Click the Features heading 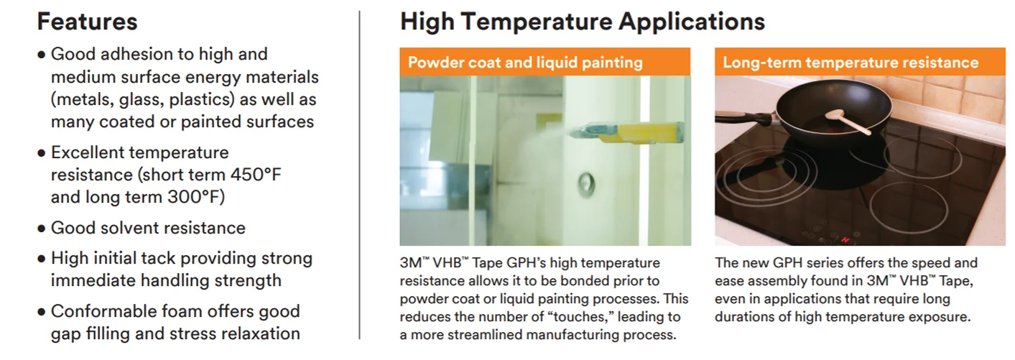[87, 22]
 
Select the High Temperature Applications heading [582, 22]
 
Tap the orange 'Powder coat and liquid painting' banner [525, 63]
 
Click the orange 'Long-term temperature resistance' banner [850, 63]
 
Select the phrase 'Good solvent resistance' [148, 229]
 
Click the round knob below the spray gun [587, 184]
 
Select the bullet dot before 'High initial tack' [42, 259]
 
